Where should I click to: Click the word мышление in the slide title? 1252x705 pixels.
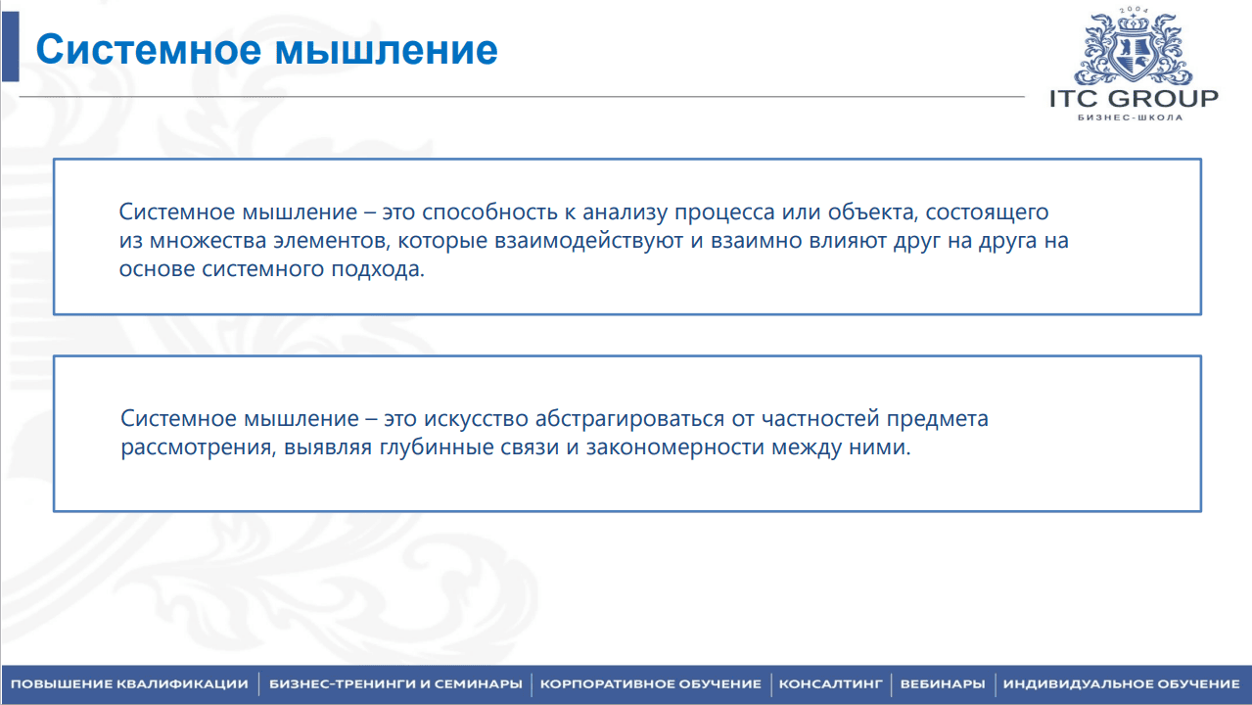[387, 50]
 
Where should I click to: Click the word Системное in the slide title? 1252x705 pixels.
[149, 49]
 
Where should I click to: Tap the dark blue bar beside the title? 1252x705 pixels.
[11, 46]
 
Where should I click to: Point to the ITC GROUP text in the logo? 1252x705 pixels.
[1134, 98]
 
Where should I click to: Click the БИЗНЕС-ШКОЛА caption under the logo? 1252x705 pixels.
[1131, 117]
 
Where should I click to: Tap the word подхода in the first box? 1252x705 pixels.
[378, 269]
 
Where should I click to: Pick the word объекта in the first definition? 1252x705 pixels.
[873, 212]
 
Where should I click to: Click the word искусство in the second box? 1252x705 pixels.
[476, 419]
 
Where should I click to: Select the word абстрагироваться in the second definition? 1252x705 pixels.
[629, 419]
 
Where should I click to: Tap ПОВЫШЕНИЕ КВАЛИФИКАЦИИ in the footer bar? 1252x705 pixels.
[129, 684]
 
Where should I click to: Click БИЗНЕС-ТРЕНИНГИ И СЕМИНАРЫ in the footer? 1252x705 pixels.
[395, 684]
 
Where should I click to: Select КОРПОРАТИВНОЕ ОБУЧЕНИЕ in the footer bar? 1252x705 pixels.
[651, 684]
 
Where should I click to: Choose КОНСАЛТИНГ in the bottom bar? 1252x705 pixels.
[830, 684]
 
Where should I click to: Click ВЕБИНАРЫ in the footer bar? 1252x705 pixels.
[943, 684]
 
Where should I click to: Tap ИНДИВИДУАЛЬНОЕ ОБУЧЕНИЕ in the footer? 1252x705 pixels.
[1121, 684]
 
